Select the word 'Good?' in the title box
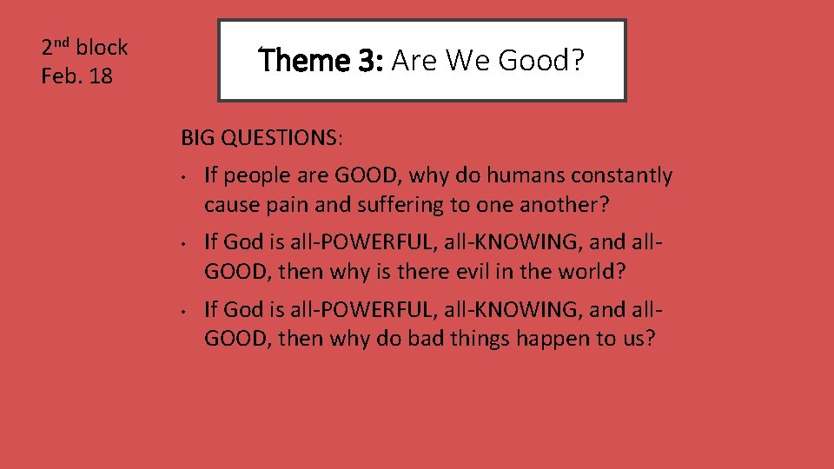[x=550, y=61]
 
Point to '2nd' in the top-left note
[x=56, y=47]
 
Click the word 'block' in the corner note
[x=102, y=48]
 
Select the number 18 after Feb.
[x=101, y=76]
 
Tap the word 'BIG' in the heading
[x=198, y=137]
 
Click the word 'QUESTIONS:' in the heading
[x=282, y=137]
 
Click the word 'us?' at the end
[x=638, y=338]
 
